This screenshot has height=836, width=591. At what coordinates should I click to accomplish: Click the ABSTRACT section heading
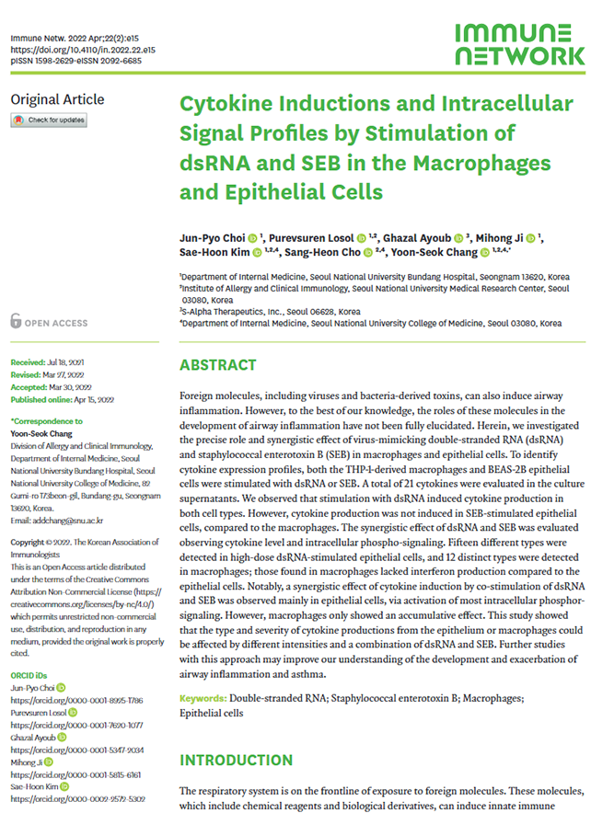[x=217, y=366]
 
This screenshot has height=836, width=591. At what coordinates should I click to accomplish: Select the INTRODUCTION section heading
[x=236, y=761]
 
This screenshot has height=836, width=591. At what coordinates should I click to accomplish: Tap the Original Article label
[x=57, y=99]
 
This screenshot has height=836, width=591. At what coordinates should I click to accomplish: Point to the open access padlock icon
[x=16, y=322]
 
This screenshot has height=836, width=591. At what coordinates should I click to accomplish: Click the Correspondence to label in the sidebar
[x=46, y=420]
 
